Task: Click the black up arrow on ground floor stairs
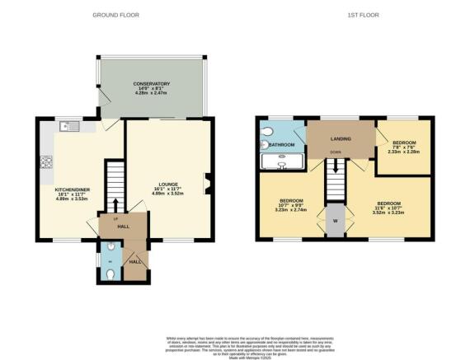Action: point(115,205)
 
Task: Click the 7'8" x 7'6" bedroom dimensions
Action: point(404,146)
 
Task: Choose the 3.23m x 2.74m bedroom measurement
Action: point(292,211)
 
